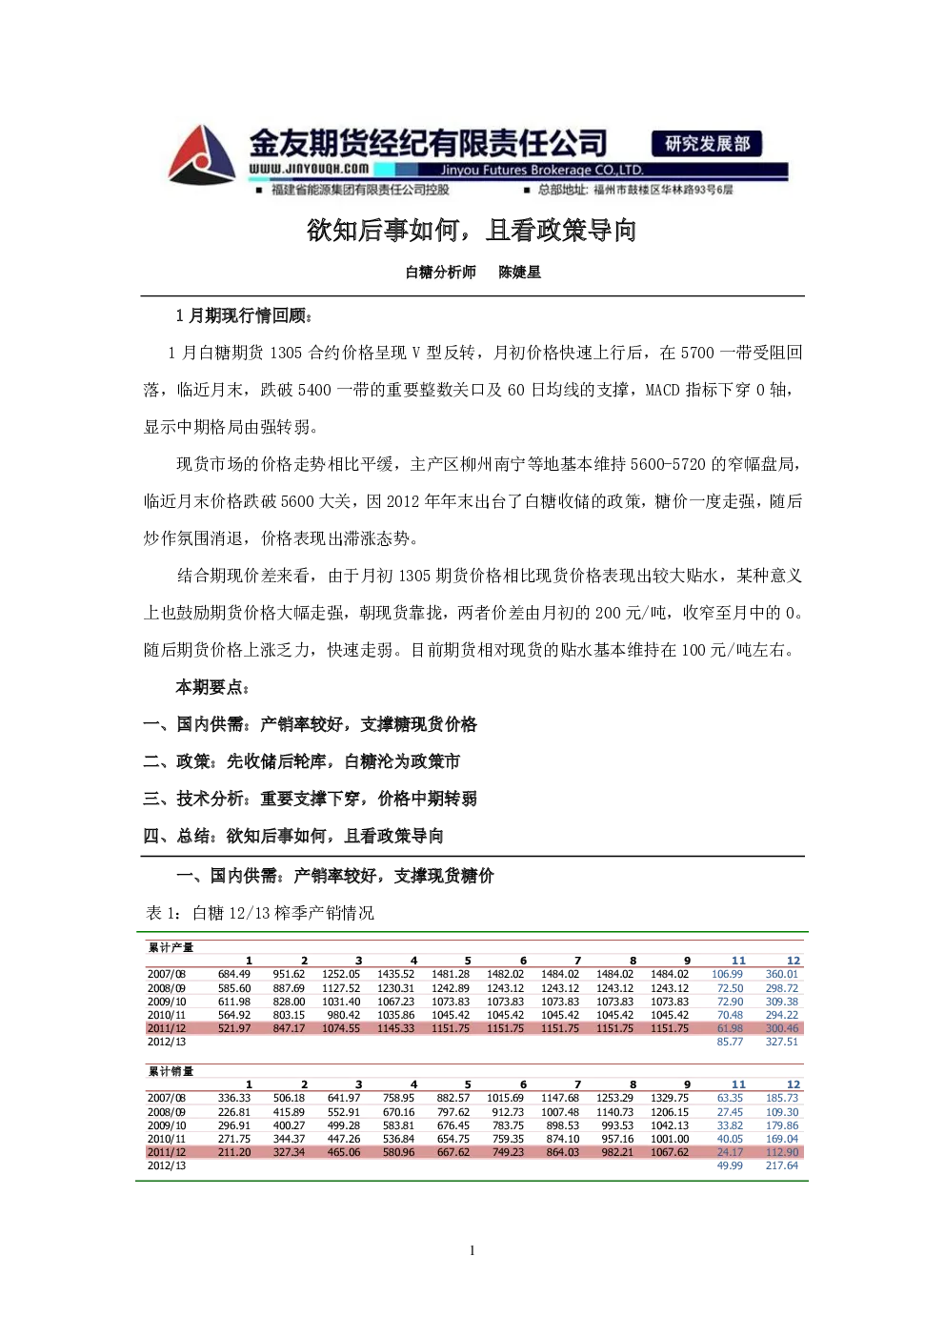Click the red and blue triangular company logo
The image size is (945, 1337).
click(x=201, y=154)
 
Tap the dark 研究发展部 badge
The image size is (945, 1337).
click(x=706, y=143)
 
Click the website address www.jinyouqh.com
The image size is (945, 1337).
click(x=309, y=169)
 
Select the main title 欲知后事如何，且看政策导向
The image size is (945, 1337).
click(x=472, y=231)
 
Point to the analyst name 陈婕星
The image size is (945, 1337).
click(x=519, y=273)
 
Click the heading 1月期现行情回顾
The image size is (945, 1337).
click(x=244, y=315)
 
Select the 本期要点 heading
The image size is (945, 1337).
click(x=211, y=688)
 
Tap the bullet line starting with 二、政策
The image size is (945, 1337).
click(x=302, y=761)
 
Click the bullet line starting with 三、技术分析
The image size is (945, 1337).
click(x=311, y=799)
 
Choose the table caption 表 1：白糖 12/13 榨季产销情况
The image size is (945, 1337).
click(x=260, y=913)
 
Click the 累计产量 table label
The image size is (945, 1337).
click(x=171, y=947)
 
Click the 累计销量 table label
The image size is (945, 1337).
click(x=171, y=1071)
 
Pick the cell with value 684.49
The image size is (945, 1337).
click(x=234, y=974)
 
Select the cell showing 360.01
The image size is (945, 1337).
click(x=782, y=974)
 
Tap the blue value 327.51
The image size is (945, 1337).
click(x=782, y=1042)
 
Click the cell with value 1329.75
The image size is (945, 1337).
click(x=670, y=1098)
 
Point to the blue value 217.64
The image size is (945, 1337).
click(x=782, y=1165)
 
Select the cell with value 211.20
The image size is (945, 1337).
click(x=234, y=1152)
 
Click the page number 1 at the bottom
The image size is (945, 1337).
click(x=472, y=1250)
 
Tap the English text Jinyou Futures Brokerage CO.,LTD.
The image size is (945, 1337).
click(x=542, y=171)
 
